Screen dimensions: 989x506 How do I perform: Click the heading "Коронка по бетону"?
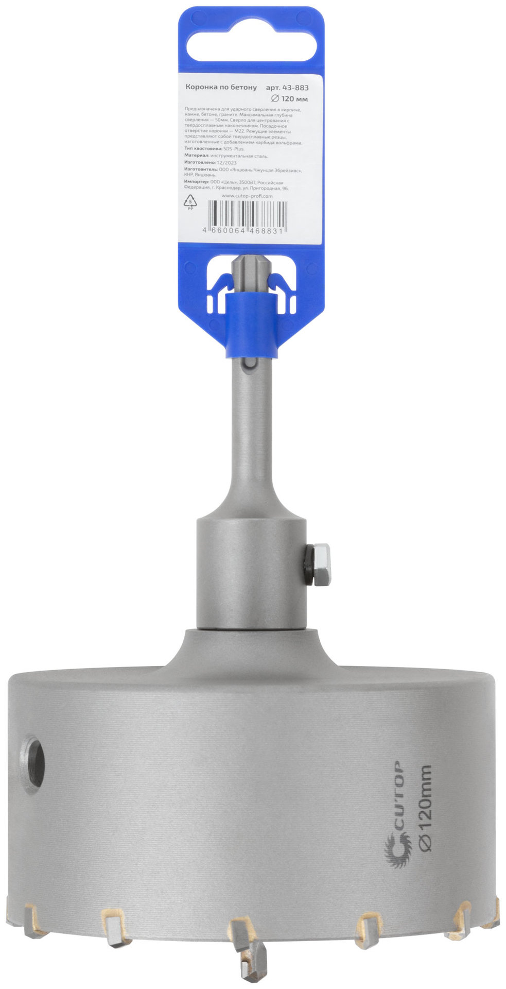click(x=220, y=88)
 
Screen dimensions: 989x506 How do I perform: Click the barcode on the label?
click(x=246, y=215)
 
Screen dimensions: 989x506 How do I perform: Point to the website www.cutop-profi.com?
click(x=247, y=196)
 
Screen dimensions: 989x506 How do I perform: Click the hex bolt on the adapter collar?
click(x=321, y=564)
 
